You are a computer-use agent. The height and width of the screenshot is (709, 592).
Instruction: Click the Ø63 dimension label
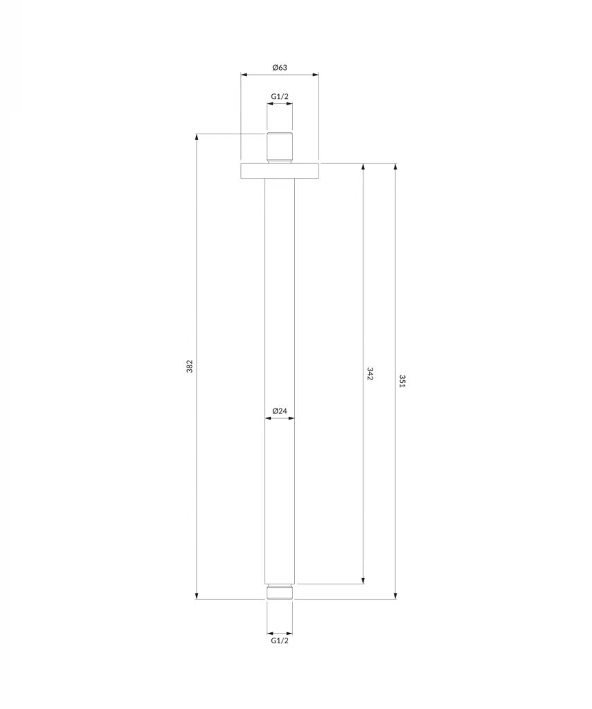(280, 67)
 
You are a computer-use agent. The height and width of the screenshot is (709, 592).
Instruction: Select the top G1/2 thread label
(280, 96)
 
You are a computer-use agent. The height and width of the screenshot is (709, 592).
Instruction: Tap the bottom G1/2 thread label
(280, 641)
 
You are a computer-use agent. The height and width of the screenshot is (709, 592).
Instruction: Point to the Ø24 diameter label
(280, 411)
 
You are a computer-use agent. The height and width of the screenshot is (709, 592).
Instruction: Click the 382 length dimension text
(190, 367)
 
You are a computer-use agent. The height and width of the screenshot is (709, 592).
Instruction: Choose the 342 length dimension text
(370, 374)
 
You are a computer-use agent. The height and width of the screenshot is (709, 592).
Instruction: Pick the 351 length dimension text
(402, 381)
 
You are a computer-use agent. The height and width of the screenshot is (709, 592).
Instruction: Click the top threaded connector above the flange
(280, 147)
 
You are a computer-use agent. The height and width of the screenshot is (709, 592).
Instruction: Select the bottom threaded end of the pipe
(280, 591)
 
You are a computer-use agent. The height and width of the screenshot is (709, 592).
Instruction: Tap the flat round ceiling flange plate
(280, 171)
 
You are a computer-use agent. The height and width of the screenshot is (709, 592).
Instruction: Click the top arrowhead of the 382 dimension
(197, 137)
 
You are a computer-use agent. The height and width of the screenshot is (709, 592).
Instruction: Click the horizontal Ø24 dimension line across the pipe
(280, 418)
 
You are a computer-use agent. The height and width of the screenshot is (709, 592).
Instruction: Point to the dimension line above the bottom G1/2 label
(280, 633)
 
